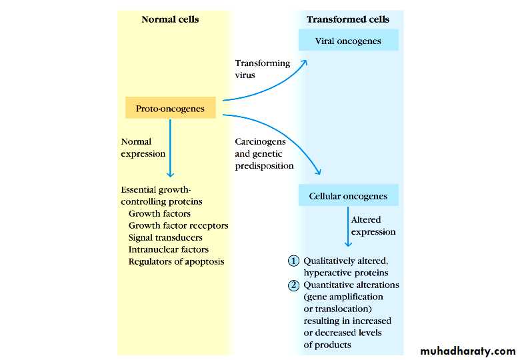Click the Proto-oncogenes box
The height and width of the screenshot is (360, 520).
[x=170, y=108]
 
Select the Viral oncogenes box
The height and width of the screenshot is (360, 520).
[x=348, y=41]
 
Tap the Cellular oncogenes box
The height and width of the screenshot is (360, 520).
[x=348, y=196]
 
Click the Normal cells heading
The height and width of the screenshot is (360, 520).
[x=170, y=19]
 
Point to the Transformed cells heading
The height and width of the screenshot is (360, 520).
[x=347, y=19]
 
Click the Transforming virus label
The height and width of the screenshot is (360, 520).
[x=262, y=69]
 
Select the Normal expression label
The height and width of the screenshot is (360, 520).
[x=143, y=147]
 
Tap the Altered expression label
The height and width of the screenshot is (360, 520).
[x=373, y=225]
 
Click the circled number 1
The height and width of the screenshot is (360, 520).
[x=293, y=261]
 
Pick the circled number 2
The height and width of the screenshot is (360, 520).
[x=293, y=285]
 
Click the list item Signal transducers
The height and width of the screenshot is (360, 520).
[x=165, y=237]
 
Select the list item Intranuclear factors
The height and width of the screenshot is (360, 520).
[x=168, y=249]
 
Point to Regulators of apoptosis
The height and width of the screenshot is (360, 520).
[x=176, y=261]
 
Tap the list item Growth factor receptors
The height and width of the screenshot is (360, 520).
[x=178, y=225]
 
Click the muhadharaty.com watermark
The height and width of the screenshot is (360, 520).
[x=468, y=351]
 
